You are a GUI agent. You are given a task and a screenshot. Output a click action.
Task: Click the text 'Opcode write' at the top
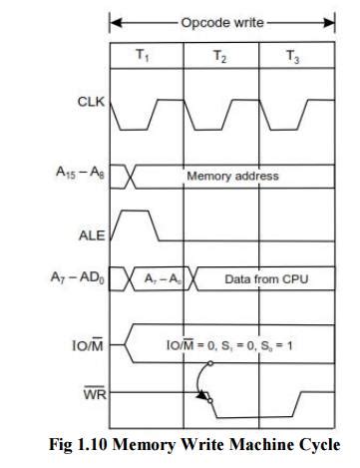(x=220, y=19)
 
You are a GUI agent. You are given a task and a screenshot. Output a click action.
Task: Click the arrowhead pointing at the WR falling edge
(x=204, y=396)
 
